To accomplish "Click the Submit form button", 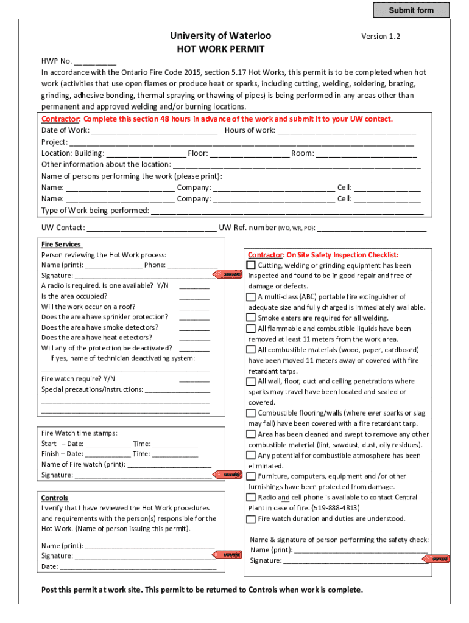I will coord(411,10).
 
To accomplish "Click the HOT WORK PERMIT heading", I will coord(220,49).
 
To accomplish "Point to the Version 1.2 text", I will coord(381,37).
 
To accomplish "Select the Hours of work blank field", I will coord(346,130).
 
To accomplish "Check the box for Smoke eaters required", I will coord(251,318).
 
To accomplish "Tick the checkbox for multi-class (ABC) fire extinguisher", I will coord(251,297).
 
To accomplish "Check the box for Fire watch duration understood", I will coord(251,519).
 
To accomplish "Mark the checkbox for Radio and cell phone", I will coord(251,498).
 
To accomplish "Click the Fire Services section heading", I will coord(61,244).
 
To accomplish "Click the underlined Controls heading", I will coord(55,498).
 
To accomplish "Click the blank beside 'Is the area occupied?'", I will coord(194,297).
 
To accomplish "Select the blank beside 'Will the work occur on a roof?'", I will coord(194,307).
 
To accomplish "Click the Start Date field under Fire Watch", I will coord(108,444).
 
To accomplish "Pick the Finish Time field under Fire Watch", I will coord(175,454).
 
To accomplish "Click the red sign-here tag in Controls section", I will coord(231,555).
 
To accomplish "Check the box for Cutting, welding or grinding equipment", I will coord(251,265).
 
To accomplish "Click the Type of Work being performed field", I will coord(287,211).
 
